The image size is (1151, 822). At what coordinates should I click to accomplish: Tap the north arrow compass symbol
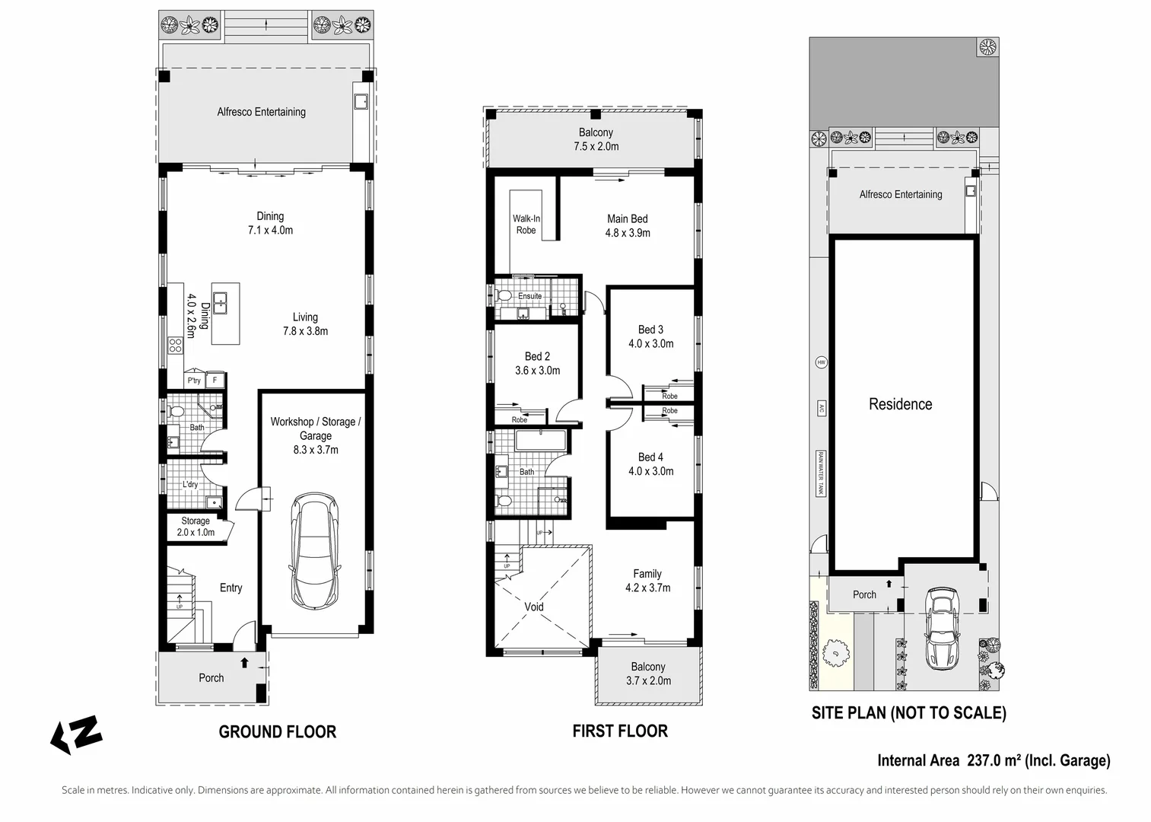pyautogui.click(x=76, y=734)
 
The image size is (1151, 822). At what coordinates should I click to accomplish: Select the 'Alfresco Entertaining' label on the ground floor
pyautogui.click(x=261, y=112)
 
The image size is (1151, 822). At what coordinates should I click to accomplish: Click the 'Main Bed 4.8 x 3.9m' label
pyautogui.click(x=628, y=226)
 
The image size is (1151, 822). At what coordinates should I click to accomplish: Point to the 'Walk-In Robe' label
pyautogui.click(x=526, y=225)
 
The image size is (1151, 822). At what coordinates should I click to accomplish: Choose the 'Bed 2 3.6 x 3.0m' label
pyautogui.click(x=537, y=364)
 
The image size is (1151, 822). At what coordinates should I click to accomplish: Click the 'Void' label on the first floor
pyautogui.click(x=534, y=607)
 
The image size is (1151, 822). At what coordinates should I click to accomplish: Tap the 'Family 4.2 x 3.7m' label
pyautogui.click(x=647, y=581)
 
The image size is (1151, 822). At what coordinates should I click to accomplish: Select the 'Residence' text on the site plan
pyautogui.click(x=900, y=404)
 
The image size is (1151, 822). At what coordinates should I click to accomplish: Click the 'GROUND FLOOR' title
pyautogui.click(x=277, y=732)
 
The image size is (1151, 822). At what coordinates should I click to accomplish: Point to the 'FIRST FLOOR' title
pyautogui.click(x=620, y=731)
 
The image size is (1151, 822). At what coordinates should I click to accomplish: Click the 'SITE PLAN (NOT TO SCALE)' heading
pyautogui.click(x=908, y=713)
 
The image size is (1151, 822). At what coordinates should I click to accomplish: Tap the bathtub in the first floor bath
pyautogui.click(x=540, y=442)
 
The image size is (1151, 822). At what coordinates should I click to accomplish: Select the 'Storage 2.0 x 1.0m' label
pyautogui.click(x=196, y=527)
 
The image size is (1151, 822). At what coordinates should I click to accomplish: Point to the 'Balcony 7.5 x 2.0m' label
pyautogui.click(x=596, y=139)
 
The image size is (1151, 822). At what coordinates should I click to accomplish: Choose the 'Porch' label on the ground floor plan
pyautogui.click(x=211, y=678)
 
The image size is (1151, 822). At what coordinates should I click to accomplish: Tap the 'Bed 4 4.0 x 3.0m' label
pyautogui.click(x=650, y=464)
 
